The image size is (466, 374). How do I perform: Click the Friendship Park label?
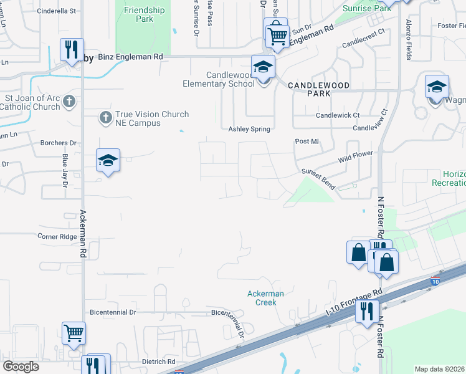[144, 14]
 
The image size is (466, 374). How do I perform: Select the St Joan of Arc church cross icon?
[69, 100]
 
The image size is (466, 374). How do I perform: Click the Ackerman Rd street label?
[83, 234]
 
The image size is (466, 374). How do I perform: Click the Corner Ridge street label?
[57, 237]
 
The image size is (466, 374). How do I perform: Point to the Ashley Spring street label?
[249, 129]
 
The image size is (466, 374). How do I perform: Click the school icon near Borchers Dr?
[108, 160]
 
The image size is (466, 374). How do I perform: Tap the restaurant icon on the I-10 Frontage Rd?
[367, 310]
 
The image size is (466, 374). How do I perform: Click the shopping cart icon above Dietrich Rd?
[74, 332]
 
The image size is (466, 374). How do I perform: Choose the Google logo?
[21, 367]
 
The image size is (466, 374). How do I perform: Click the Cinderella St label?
[56, 11]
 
